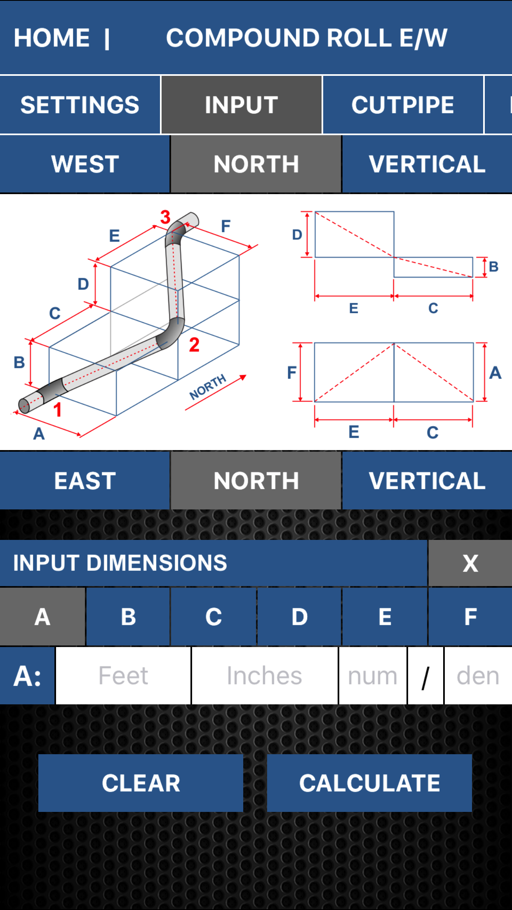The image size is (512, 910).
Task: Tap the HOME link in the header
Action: click(52, 38)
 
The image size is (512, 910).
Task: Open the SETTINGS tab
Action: click(80, 105)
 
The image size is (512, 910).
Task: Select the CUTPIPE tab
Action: click(403, 105)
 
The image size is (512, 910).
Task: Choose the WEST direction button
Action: click(85, 164)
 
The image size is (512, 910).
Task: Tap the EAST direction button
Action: click(85, 481)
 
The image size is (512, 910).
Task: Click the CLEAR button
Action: click(141, 783)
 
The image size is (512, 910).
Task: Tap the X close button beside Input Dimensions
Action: click(470, 563)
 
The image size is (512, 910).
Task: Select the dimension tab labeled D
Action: click(299, 617)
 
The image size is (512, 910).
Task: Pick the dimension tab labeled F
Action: click(470, 617)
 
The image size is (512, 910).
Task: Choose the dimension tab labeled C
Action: click(214, 617)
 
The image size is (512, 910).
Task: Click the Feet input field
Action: click(123, 676)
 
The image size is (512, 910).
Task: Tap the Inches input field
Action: click(265, 676)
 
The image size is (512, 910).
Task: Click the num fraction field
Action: click(373, 676)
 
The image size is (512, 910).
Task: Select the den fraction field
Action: click(478, 676)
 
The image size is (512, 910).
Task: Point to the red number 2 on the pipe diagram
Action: click(194, 345)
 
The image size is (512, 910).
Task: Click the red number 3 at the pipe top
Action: click(165, 217)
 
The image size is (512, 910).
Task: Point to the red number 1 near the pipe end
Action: click(57, 410)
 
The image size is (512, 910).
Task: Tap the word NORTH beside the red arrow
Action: click(208, 387)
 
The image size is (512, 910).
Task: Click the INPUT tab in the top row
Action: click(242, 105)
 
